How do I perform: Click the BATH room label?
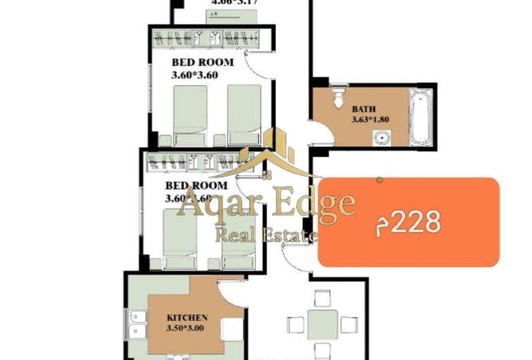tap(364, 109)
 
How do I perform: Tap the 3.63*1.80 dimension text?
tap(368, 120)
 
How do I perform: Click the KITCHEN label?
tap(188, 316)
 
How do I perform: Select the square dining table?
tap(323, 324)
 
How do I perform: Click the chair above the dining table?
tap(323, 299)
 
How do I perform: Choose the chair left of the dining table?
tap(295, 324)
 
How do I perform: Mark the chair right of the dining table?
tap(349, 324)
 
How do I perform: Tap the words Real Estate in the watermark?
tap(267, 233)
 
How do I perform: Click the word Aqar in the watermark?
tap(207, 204)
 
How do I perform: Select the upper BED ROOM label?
tap(202, 62)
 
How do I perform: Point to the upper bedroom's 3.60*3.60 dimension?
tap(194, 76)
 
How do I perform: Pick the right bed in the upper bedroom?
tap(244, 113)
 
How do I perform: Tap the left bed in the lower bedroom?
tap(180, 237)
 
